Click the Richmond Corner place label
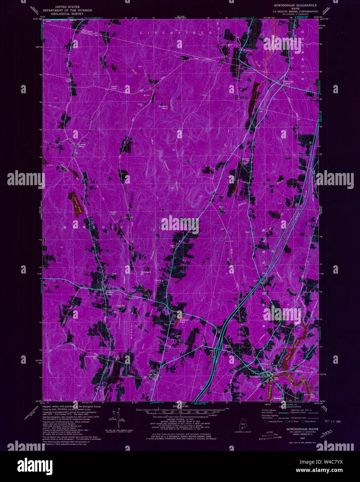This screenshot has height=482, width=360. [289, 82]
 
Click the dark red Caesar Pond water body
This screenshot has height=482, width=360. [77, 204]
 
